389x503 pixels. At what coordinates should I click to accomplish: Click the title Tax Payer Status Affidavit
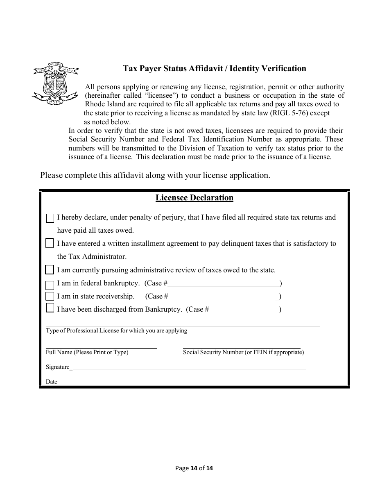click(215, 69)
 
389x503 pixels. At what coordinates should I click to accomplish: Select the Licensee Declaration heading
click(194, 198)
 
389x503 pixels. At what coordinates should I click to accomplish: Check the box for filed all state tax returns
click(50, 218)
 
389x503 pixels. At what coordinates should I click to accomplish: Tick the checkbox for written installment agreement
click(50, 244)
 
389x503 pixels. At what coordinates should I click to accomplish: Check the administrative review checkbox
click(50, 270)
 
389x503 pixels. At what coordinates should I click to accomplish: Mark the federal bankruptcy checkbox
click(50, 285)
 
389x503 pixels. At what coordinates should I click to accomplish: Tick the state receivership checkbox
click(50, 296)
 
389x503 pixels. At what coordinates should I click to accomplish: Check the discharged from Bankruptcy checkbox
click(50, 308)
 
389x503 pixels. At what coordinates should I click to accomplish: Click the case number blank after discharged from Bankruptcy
click(244, 310)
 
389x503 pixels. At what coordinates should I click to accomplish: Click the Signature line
click(188, 367)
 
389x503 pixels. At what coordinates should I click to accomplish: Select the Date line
click(107, 382)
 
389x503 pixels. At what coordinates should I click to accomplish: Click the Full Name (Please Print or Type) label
click(87, 353)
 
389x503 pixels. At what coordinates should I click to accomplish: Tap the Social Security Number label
click(243, 353)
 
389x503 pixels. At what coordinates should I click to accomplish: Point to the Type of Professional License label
click(117, 331)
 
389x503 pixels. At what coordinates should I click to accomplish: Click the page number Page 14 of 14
click(194, 469)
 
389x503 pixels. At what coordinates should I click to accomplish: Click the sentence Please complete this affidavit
click(155, 175)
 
